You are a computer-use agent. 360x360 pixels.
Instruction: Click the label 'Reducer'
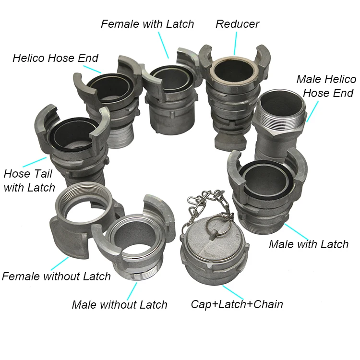[238, 24]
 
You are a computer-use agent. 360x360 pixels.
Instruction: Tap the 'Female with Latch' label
[147, 24]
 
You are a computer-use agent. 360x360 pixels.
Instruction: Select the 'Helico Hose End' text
[55, 58]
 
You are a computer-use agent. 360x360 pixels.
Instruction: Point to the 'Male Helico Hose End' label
[326, 86]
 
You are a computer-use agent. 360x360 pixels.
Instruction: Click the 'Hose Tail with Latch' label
[29, 180]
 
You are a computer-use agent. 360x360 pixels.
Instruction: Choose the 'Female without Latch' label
[56, 276]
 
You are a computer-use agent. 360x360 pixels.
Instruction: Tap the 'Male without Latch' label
[120, 305]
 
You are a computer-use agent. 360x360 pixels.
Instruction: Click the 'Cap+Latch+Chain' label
[237, 304]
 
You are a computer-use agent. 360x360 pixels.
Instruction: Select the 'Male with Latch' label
[309, 244]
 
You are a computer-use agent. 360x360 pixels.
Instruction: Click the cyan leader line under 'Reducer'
[235, 44]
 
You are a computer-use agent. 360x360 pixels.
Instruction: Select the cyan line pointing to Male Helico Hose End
[312, 111]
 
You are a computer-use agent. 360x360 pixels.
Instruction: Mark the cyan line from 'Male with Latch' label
[297, 232]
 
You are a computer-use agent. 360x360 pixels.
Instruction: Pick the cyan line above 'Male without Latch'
[132, 291]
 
